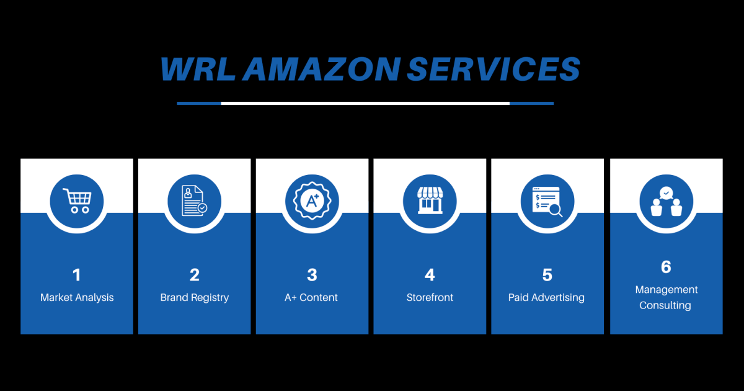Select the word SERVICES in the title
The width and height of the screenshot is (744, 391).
(x=494, y=69)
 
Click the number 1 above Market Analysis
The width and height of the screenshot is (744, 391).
(x=77, y=275)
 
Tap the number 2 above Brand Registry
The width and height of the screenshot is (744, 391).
(x=194, y=275)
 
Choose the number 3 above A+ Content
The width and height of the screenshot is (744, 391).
(x=312, y=275)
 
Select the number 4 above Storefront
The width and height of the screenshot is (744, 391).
(x=430, y=275)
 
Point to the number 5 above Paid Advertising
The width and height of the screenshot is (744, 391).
(x=547, y=275)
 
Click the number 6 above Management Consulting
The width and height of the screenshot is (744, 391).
(x=666, y=267)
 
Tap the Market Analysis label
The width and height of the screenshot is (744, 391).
(x=77, y=298)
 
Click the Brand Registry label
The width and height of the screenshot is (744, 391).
(x=194, y=298)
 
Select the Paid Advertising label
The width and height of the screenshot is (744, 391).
(x=546, y=298)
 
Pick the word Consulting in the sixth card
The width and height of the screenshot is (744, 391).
(x=665, y=305)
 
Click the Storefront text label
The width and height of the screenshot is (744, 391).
(x=430, y=298)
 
